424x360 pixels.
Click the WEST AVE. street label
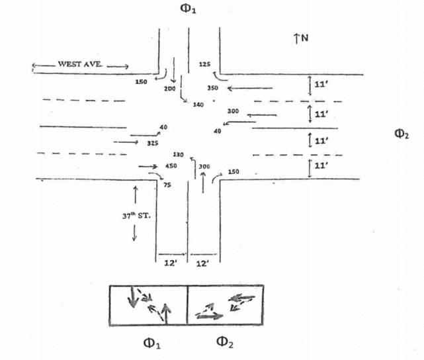click(x=79, y=65)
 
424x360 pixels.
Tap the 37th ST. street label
click(x=144, y=215)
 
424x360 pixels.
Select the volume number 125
click(x=204, y=64)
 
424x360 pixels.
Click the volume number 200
click(x=169, y=88)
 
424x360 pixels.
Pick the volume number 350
click(x=212, y=88)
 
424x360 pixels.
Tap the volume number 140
click(x=198, y=105)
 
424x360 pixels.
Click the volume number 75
click(x=167, y=185)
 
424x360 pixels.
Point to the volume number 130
click(x=178, y=154)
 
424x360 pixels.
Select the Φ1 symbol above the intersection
click(x=189, y=9)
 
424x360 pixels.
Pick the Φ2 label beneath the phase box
click(x=226, y=343)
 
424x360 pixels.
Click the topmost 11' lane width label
click(x=321, y=86)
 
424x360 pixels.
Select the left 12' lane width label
click(x=171, y=263)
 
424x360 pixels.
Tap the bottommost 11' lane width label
click(x=321, y=166)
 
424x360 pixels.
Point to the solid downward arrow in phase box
click(x=133, y=297)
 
